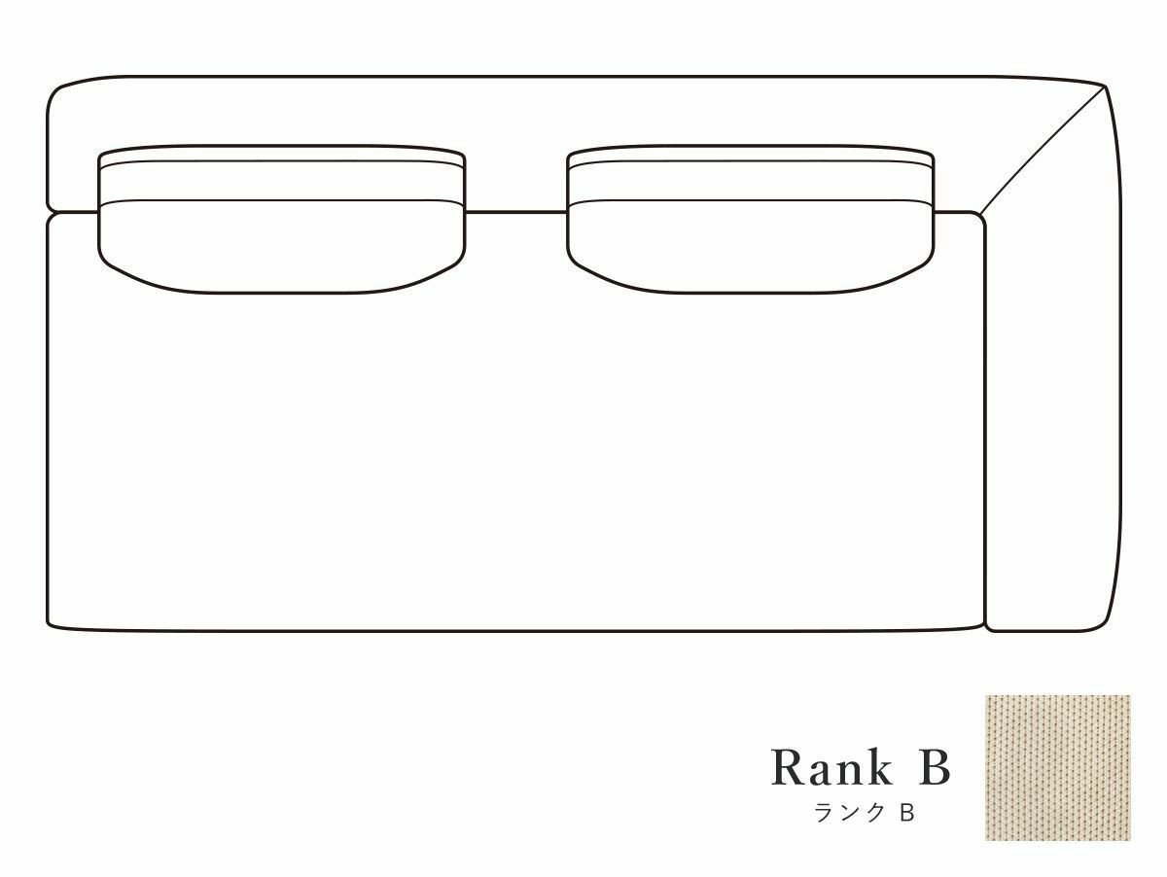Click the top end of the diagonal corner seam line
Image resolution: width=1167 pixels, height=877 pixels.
coord(1106,88)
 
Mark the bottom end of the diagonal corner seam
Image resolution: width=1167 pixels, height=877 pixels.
coord(979,214)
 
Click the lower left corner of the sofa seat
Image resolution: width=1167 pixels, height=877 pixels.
coord(49,626)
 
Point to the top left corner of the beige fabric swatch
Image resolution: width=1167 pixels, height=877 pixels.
coord(986,696)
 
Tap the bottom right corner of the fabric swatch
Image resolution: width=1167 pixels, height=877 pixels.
coord(1130,840)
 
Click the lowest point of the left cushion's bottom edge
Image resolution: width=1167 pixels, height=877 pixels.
coord(282,293)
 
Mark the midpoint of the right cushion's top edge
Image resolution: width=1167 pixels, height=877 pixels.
coord(751,145)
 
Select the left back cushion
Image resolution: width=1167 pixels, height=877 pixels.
coord(282,219)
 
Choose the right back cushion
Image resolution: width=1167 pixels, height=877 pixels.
coord(751,219)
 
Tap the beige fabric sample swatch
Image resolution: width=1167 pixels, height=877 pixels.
coord(1058,768)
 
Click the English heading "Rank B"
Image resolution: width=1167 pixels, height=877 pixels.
coord(861,767)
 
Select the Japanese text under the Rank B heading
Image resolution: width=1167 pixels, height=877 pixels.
coord(865,813)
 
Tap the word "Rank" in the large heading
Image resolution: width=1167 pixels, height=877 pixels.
coord(832,767)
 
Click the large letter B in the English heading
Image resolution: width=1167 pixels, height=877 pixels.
coord(935,767)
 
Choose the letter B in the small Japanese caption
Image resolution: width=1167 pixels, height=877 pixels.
coord(907,813)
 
